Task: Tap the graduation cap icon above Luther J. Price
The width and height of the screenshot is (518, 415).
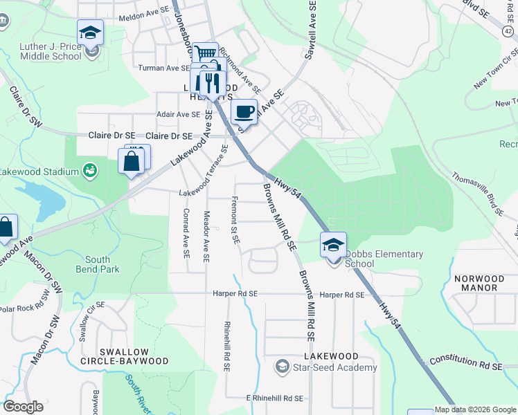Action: pyautogui.click(x=89, y=32)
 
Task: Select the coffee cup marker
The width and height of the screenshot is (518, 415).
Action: pyautogui.click(x=244, y=111)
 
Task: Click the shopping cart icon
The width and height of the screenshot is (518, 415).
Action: pyautogui.click(x=205, y=53)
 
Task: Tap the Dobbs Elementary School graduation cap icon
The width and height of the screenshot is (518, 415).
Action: pyautogui.click(x=333, y=244)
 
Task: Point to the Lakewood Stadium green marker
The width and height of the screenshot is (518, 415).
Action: pyautogui.click(x=89, y=170)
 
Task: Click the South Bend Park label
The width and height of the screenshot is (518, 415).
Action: pyautogui.click(x=98, y=265)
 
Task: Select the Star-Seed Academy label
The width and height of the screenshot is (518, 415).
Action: pyautogui.click(x=334, y=367)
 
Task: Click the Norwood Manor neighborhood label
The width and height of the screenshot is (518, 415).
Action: pyautogui.click(x=479, y=283)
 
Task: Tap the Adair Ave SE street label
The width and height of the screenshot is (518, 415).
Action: pyautogui.click(x=178, y=114)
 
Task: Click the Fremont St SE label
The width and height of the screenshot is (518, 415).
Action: pyautogui.click(x=235, y=221)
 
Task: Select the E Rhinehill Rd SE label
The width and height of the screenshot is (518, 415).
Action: pyautogui.click(x=275, y=398)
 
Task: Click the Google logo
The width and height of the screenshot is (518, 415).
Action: pyautogui.click(x=23, y=407)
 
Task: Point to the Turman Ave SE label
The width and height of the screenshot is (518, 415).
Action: pyautogui.click(x=163, y=68)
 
